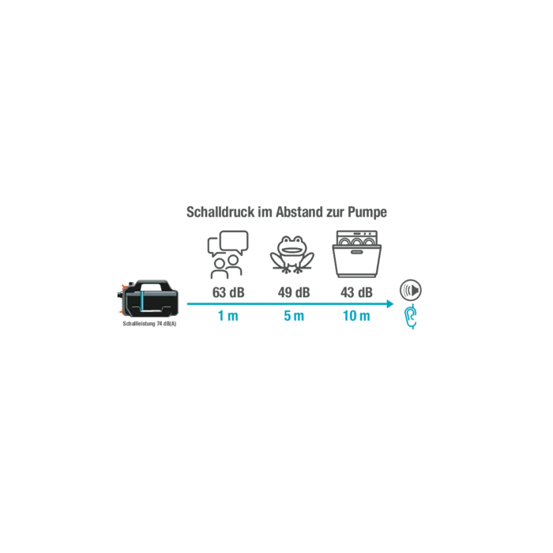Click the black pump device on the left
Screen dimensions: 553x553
tap(150, 301)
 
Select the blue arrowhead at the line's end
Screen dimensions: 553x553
tap(392, 303)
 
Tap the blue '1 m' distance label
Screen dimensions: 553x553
tap(227, 317)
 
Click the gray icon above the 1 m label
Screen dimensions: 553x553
tap(227, 251)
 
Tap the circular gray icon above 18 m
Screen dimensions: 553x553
tap(356, 253)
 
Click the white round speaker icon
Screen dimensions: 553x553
tap(410, 289)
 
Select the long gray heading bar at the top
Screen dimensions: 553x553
tap(286, 212)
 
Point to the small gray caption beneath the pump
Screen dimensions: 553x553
tap(150, 322)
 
